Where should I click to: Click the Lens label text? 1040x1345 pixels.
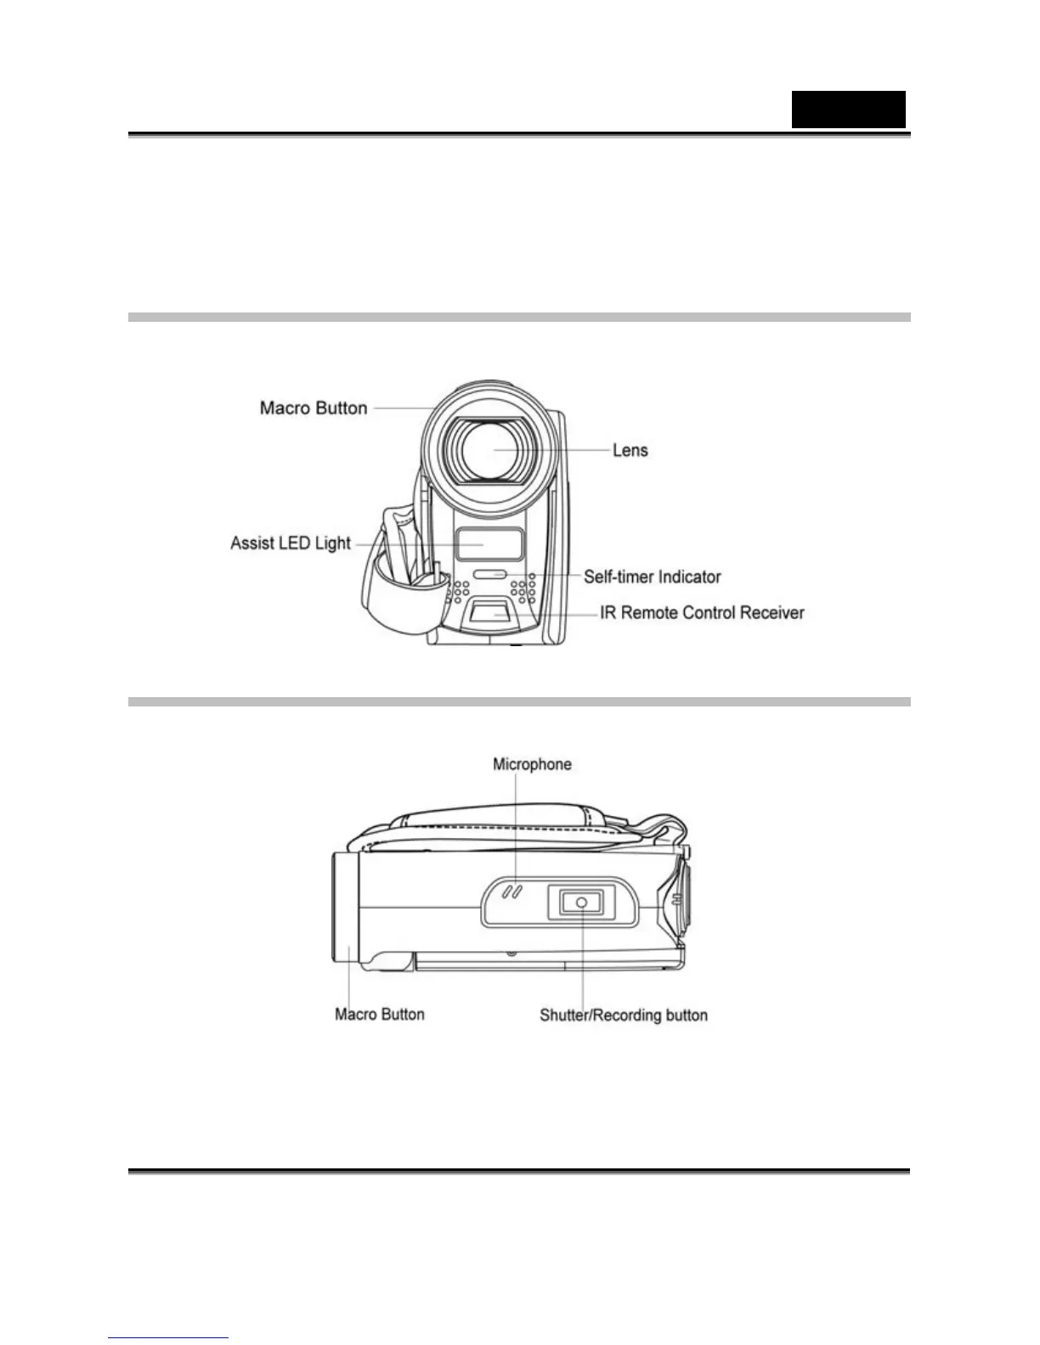630,450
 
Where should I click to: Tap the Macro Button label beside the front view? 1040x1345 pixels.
314,408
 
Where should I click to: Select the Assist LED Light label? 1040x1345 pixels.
291,543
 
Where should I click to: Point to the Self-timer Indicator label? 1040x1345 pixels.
652,577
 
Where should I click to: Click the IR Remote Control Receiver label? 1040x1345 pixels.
702,612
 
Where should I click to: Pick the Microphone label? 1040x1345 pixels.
532,764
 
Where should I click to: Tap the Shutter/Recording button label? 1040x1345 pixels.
624,1015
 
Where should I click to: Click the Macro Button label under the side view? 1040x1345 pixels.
379,1014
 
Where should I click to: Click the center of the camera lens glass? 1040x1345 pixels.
494,451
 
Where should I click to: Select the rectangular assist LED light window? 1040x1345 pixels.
489,543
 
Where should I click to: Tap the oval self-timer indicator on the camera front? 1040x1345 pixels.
489,575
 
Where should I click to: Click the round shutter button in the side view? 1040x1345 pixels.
581,902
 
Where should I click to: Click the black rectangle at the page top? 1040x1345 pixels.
848,110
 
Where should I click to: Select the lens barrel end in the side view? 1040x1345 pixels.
344,907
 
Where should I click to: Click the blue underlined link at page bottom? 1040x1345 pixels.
168,1337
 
